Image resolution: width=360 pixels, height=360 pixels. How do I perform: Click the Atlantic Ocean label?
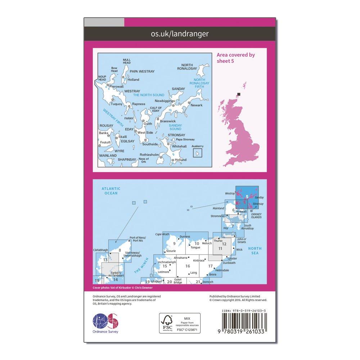(111, 191)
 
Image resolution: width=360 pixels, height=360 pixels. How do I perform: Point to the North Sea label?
(256, 251)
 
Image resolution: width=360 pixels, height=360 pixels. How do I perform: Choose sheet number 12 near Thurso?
(224, 244)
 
